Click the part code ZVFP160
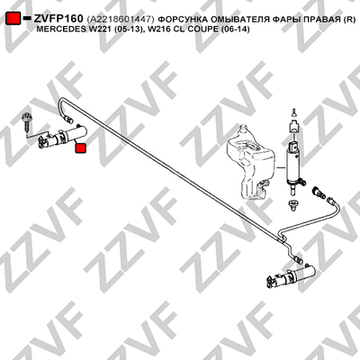[58, 19]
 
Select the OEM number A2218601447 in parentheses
[121, 20]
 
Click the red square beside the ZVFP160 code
[13, 19]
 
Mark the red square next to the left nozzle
[80, 148]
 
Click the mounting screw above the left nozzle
[26, 122]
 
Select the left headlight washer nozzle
[62, 137]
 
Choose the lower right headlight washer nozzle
[291, 275]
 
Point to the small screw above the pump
[294, 112]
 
